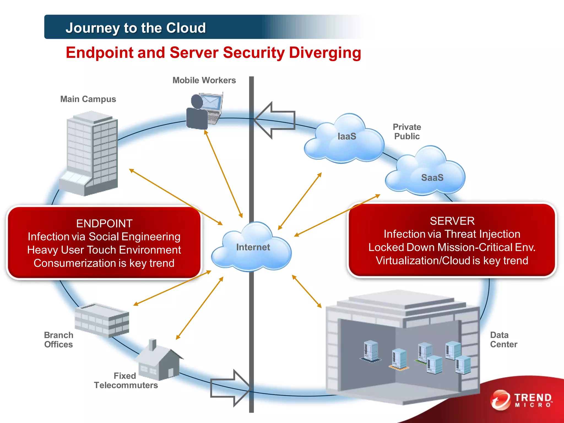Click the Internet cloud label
253,247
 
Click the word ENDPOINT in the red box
104,223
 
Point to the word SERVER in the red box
452,221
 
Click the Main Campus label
88,99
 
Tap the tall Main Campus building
91,154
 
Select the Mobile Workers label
204,80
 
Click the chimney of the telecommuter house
152,345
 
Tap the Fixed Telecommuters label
126,381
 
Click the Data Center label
503,340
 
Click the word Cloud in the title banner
186,28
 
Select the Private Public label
407,132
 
